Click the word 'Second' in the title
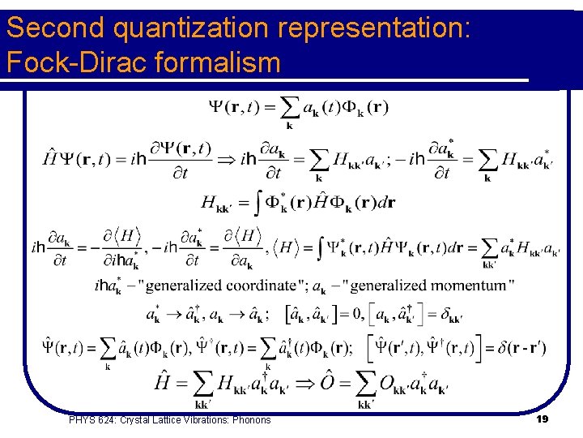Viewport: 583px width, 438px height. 57,28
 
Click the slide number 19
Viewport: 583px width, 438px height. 542,419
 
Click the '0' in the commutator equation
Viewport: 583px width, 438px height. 347,314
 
